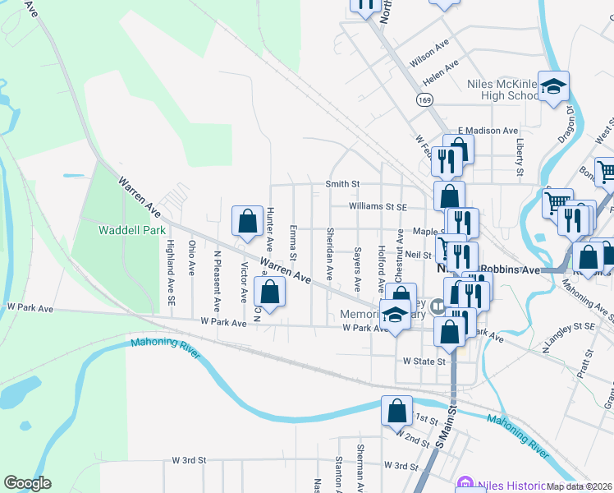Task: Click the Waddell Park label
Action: (132, 230)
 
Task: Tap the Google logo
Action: (27, 483)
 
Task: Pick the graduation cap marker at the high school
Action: (554, 86)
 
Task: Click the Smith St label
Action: (342, 184)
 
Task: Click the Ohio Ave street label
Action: (191, 257)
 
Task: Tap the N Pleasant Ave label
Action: (218, 282)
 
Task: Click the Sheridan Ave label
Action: (330, 253)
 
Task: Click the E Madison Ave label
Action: (488, 131)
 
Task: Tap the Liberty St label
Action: (520, 157)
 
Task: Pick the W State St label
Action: (424, 361)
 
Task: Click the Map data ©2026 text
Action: (580, 486)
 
